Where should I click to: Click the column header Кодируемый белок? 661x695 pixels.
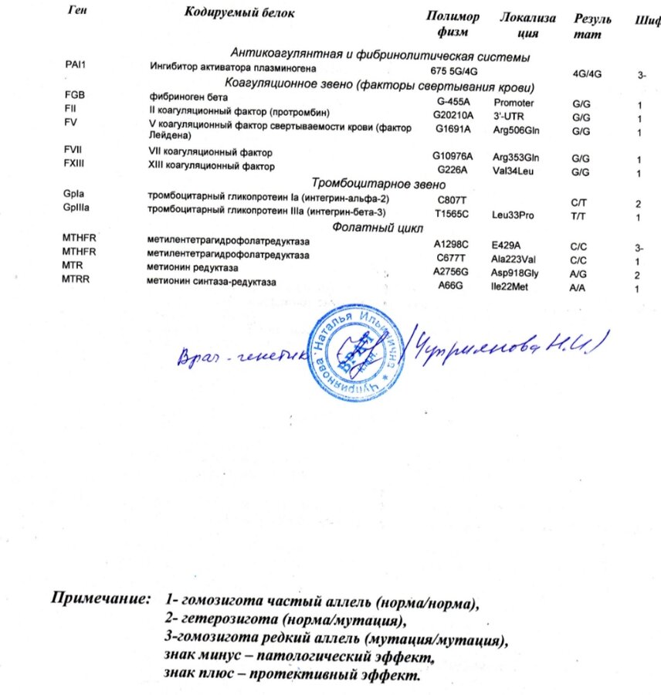(x=239, y=13)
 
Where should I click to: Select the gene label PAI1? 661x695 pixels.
(x=75, y=64)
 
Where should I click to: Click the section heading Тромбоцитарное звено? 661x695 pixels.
(x=378, y=184)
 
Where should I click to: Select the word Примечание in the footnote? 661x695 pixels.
(x=100, y=598)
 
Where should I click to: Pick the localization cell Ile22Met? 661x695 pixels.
(x=513, y=287)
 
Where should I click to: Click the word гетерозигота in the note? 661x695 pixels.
(x=225, y=620)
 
